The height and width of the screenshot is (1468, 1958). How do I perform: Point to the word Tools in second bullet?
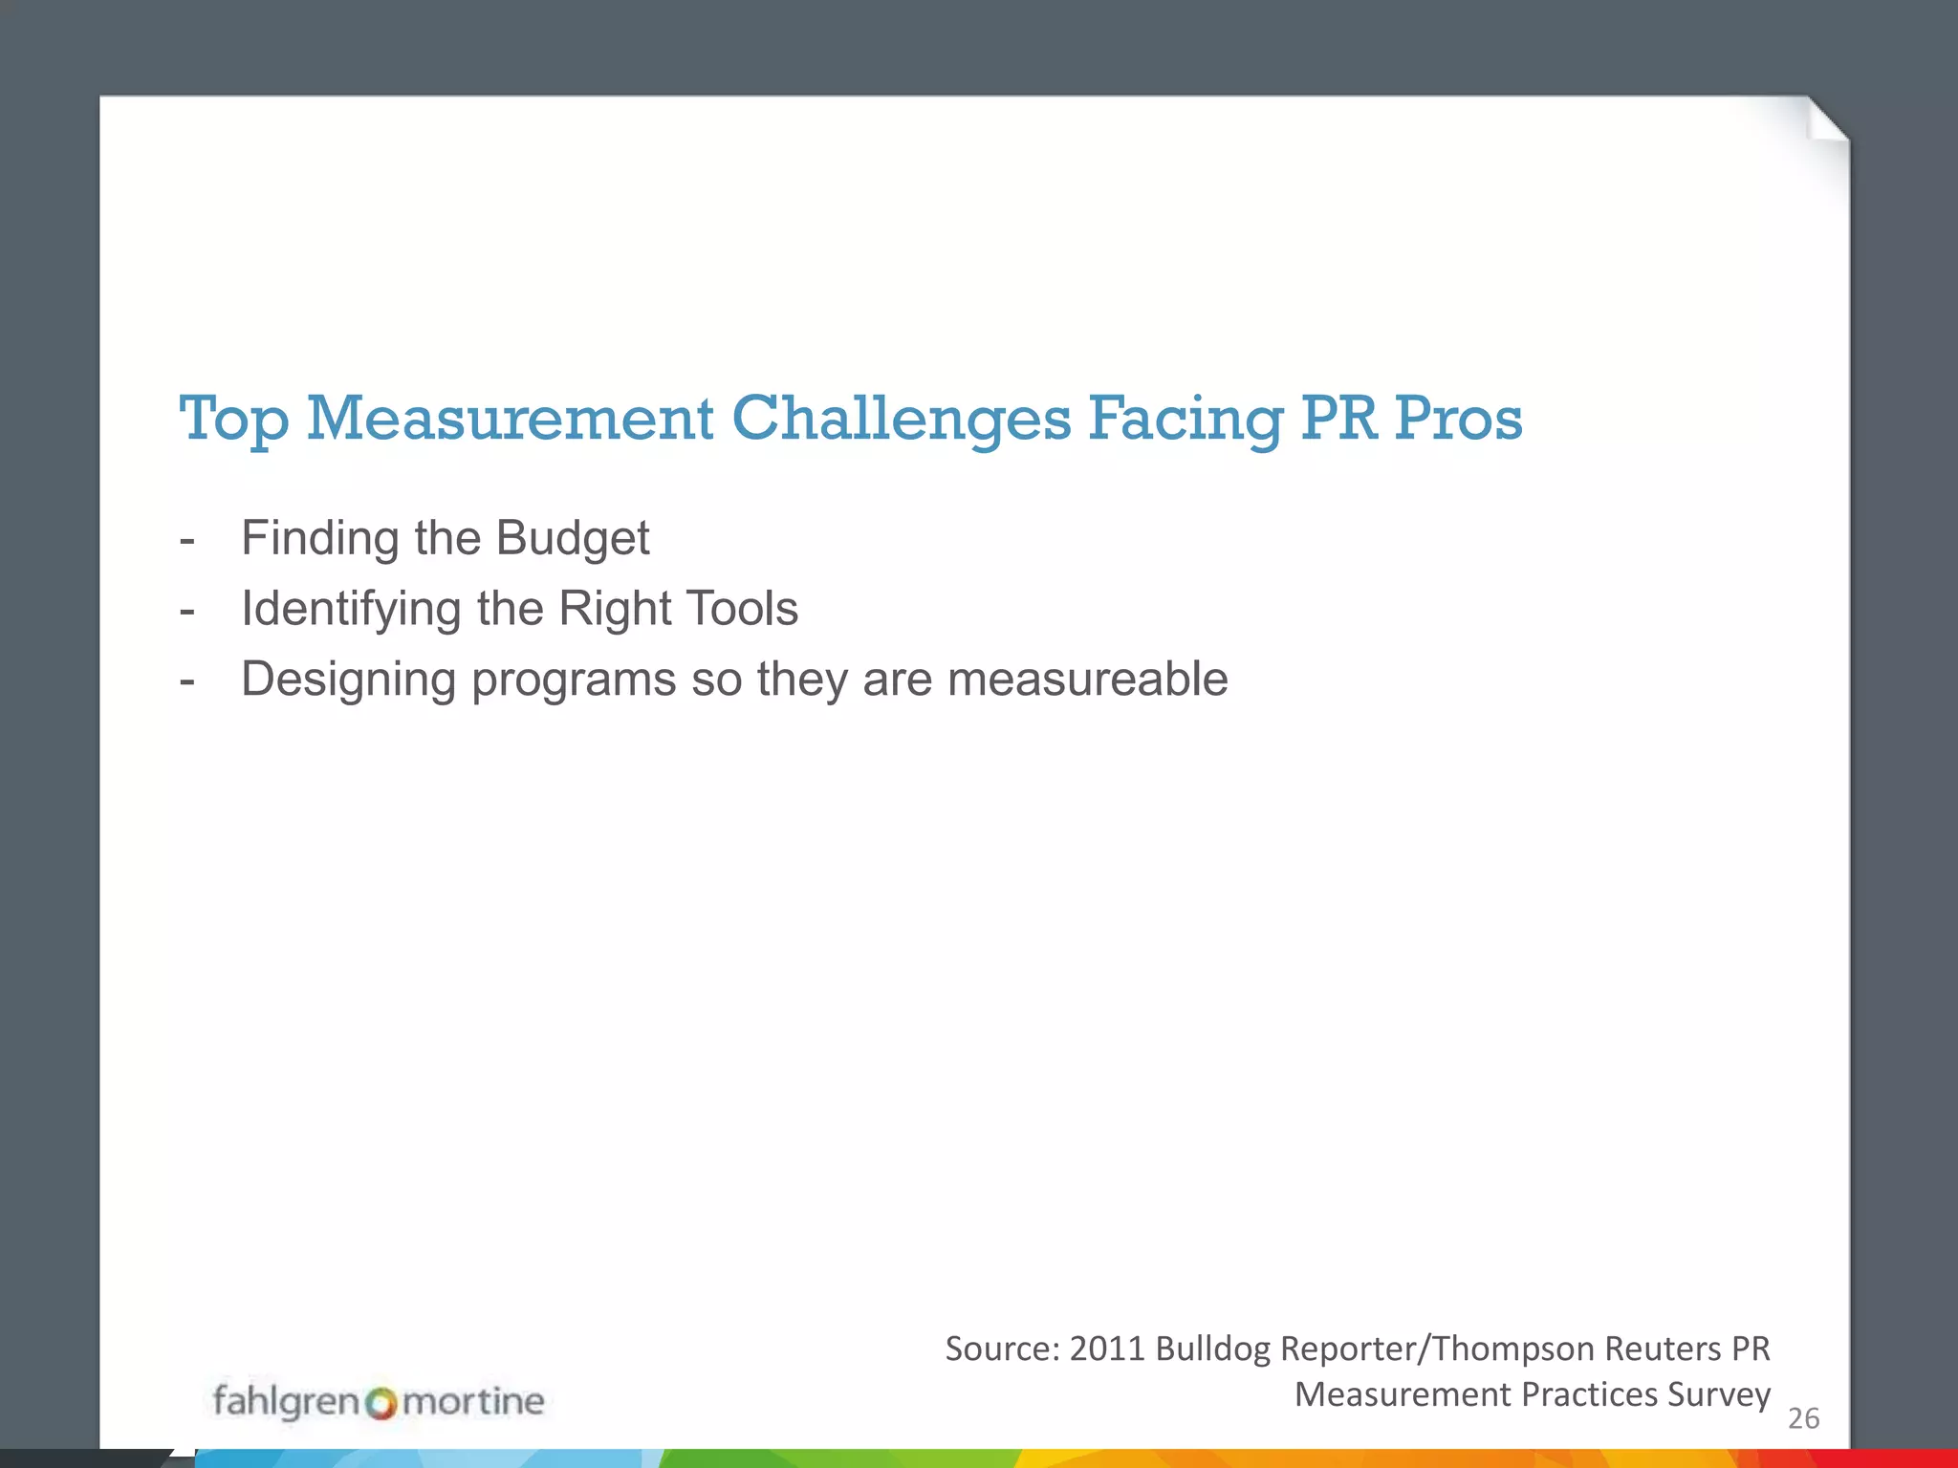[x=742, y=609]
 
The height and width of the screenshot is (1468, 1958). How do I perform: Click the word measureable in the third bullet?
[x=1087, y=680]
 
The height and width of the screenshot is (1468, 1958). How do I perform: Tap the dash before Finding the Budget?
[x=187, y=540]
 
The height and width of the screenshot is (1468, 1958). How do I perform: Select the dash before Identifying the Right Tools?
[x=187, y=611]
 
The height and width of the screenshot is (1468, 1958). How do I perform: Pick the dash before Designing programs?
[x=187, y=681]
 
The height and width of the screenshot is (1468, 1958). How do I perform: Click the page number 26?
[x=1803, y=1418]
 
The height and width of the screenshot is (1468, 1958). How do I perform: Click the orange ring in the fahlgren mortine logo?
[x=381, y=1403]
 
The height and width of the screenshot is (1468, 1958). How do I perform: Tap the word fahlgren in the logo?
[x=285, y=1401]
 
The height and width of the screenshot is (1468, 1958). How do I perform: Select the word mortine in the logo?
[x=473, y=1401]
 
